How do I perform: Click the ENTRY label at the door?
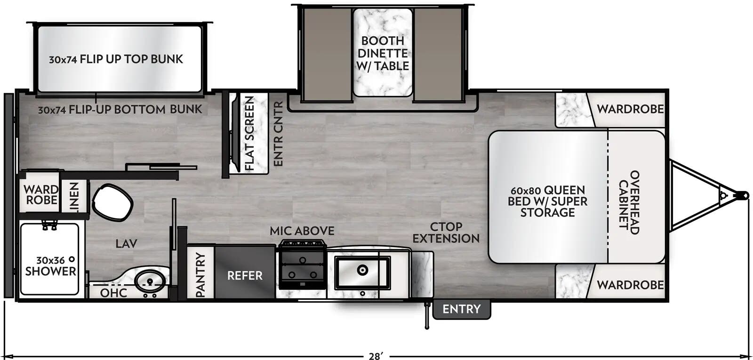pos(461,309)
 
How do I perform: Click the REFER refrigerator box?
pos(245,275)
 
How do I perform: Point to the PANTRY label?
pos(200,275)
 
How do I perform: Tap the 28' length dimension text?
pos(375,356)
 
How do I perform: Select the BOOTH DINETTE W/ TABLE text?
pos(382,54)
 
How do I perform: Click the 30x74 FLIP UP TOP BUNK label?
pos(116,59)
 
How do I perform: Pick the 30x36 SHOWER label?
pos(50,266)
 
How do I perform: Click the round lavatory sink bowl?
pos(150,281)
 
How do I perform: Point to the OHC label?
pos(113,293)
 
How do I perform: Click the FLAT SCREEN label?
pos(249,133)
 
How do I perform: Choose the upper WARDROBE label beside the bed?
pos(630,109)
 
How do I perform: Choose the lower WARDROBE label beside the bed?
pos(630,285)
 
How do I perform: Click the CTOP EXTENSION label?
pos(446,232)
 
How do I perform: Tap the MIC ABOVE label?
pos(302,231)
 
